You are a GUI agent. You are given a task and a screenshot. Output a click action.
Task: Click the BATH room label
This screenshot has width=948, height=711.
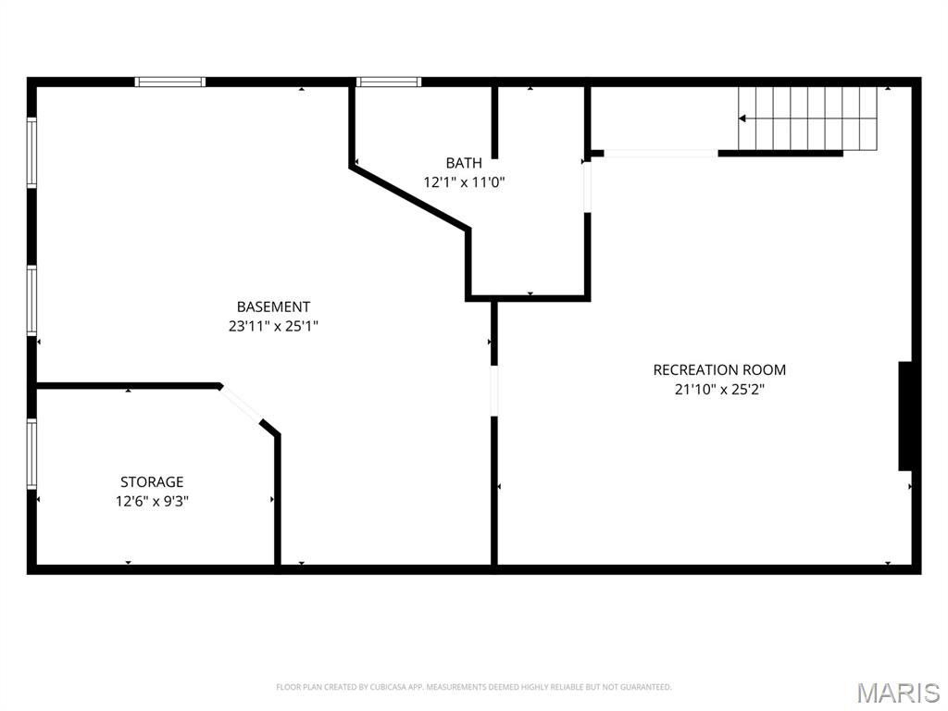(464, 163)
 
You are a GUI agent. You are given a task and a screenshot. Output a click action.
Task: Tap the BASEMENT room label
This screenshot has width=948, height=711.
(273, 306)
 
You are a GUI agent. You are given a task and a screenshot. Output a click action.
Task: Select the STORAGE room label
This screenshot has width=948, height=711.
(152, 481)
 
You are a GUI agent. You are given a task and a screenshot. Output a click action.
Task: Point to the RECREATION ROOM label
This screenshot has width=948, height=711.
(719, 369)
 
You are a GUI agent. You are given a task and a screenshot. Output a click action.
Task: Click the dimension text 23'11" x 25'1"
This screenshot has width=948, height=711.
(273, 326)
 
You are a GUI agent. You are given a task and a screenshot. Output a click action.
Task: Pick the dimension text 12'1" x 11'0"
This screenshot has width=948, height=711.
(464, 182)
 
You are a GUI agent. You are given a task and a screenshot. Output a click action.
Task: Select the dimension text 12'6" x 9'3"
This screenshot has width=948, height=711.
(152, 501)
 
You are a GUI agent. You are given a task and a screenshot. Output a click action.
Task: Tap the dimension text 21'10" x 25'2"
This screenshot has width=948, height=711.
(719, 389)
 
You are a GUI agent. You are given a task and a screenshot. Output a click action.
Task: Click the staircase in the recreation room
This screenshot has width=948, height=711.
(808, 118)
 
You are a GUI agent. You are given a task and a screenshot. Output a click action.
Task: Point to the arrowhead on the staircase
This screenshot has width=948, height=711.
(742, 118)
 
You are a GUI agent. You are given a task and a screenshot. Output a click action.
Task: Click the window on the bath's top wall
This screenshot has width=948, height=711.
(390, 82)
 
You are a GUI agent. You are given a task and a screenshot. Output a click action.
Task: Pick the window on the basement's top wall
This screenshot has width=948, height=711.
(170, 82)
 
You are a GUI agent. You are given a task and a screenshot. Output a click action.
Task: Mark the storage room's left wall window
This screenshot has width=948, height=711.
(31, 454)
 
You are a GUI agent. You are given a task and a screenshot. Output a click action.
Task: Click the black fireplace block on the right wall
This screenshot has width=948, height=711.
(907, 417)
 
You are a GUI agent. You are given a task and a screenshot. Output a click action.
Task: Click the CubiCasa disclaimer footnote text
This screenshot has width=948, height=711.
(473, 687)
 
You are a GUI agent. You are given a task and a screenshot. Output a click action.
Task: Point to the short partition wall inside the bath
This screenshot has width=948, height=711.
(494, 122)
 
